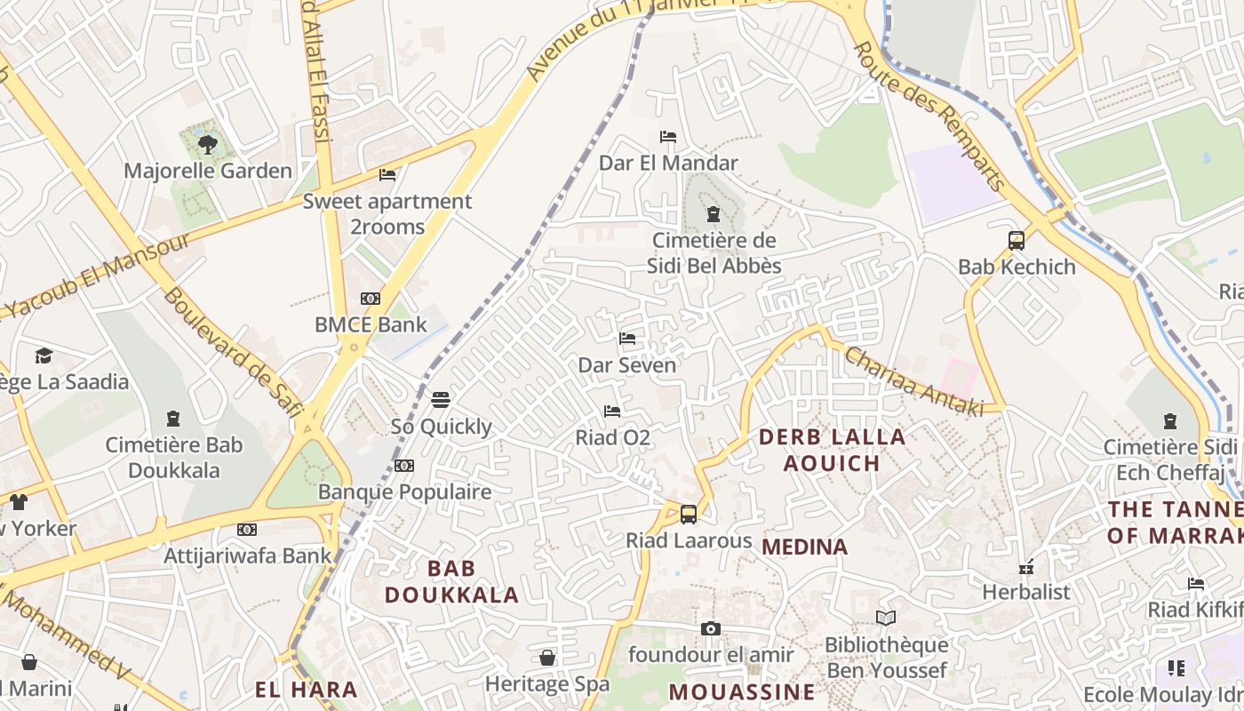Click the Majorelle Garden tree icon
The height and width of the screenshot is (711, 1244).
(x=208, y=143)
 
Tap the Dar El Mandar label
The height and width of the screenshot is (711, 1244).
(x=668, y=163)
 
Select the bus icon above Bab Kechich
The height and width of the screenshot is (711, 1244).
(x=1017, y=240)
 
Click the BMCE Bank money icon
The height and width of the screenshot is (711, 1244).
(x=371, y=299)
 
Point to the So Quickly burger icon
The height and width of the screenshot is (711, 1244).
(x=441, y=400)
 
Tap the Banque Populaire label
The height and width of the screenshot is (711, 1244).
(x=404, y=491)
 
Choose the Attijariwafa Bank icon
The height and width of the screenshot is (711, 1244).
(x=247, y=530)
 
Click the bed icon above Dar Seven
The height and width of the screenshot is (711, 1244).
(x=627, y=339)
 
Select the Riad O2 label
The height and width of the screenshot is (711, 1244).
(x=613, y=437)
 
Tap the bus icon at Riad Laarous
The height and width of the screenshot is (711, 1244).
(x=689, y=514)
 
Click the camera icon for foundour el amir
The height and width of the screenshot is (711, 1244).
(x=710, y=629)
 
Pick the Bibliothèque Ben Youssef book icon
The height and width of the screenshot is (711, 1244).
(x=886, y=618)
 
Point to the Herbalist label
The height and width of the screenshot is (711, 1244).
(x=1026, y=592)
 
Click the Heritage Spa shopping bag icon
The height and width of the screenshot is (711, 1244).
(x=547, y=658)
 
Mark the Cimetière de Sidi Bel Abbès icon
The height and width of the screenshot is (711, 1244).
(x=713, y=214)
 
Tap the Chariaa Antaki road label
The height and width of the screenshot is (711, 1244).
(x=913, y=380)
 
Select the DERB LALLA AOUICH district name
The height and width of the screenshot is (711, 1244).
(x=832, y=450)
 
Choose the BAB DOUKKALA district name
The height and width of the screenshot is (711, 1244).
(x=451, y=581)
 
